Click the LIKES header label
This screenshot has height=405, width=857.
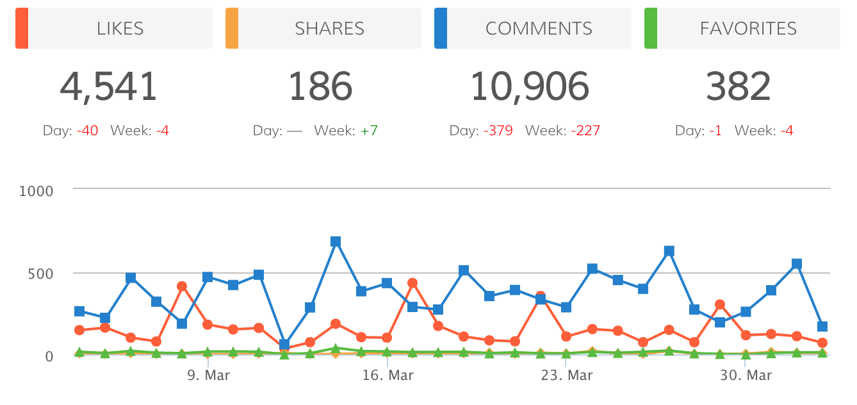(120, 28)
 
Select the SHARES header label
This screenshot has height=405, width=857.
(329, 28)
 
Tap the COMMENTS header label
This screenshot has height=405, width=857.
(539, 28)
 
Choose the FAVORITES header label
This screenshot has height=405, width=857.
(748, 28)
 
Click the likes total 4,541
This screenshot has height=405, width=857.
(108, 87)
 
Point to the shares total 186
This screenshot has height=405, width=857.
(320, 87)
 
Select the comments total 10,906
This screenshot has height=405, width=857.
(530, 87)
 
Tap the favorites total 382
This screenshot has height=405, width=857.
(738, 87)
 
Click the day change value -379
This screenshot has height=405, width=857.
(498, 131)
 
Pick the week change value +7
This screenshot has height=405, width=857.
(368, 131)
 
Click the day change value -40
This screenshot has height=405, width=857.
(87, 131)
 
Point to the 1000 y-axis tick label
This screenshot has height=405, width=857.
(37, 190)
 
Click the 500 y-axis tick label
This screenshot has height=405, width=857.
(40, 274)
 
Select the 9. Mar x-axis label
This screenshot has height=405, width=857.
(208, 376)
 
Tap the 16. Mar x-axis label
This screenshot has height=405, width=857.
(388, 376)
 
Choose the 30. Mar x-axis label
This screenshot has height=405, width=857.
(746, 376)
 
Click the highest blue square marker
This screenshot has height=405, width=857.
(336, 242)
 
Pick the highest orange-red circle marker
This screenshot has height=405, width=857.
(412, 283)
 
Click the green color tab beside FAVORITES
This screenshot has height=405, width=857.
(651, 28)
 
